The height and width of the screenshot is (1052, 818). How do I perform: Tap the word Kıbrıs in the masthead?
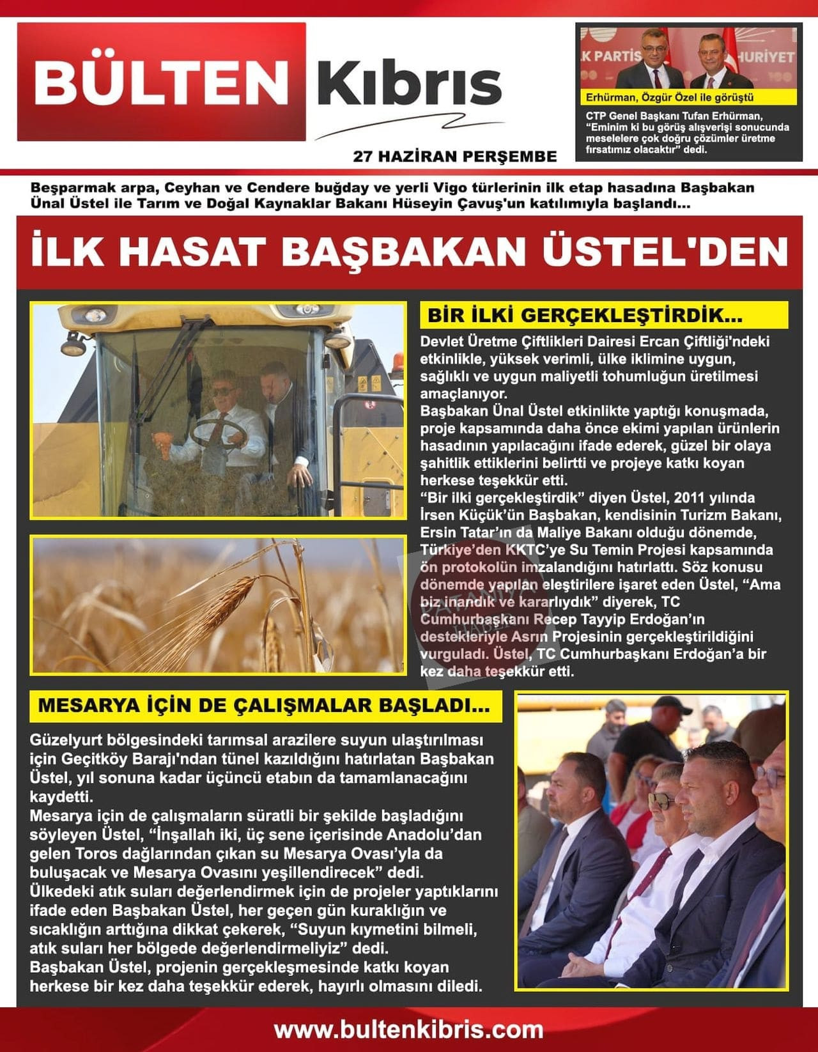pyautogui.click(x=409, y=83)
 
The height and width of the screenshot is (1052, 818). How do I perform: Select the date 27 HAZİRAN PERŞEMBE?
pyautogui.click(x=454, y=157)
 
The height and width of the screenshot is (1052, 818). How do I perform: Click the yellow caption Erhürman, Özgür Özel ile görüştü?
pyautogui.click(x=670, y=98)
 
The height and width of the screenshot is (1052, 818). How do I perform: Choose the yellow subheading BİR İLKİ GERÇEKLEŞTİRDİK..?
pyautogui.click(x=585, y=315)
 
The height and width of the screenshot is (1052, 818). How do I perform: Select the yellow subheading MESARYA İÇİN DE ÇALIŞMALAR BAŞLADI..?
pyautogui.click(x=264, y=706)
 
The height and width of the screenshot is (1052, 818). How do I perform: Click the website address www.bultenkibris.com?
pyautogui.click(x=409, y=1030)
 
